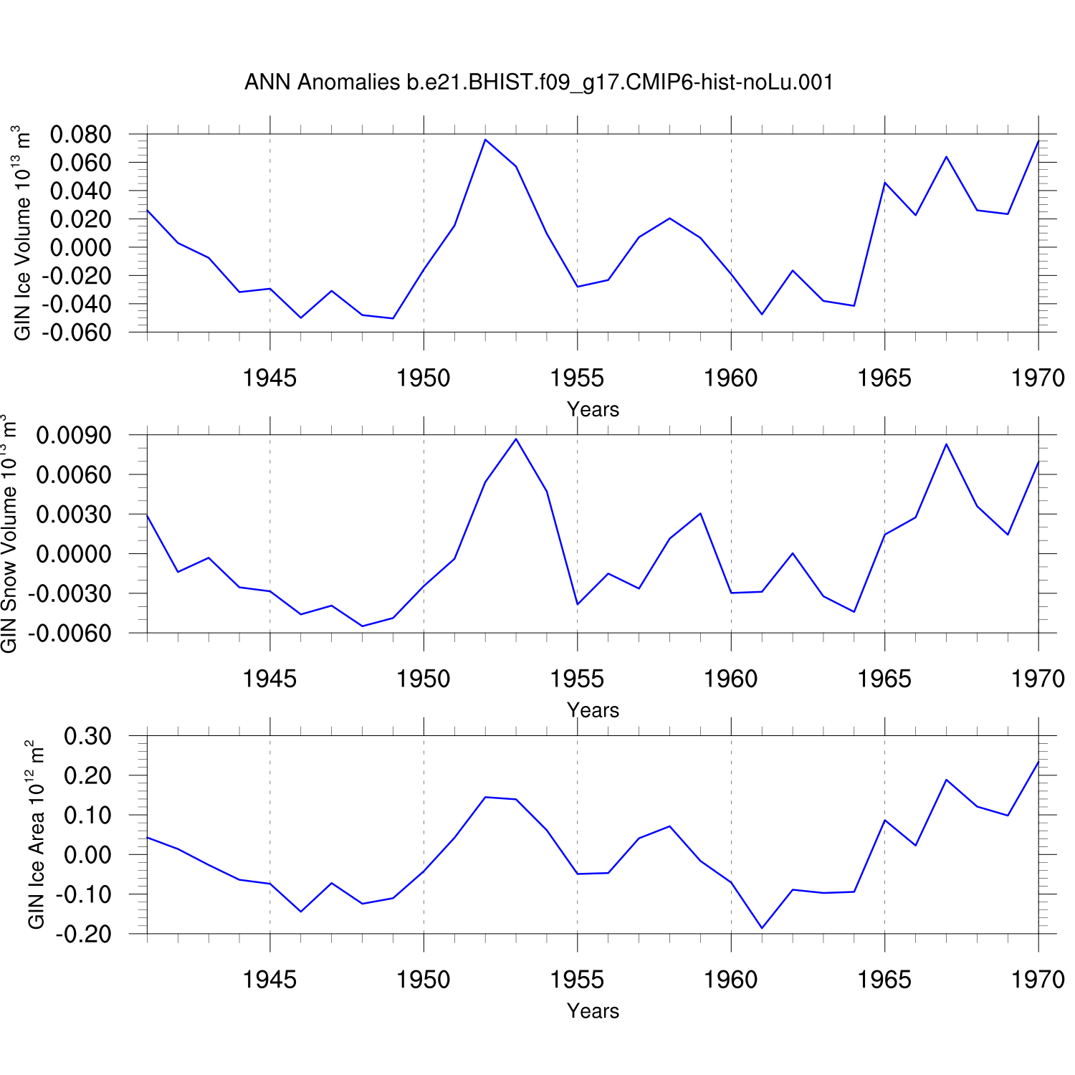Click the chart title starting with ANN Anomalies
(539, 82)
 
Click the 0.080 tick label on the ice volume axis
(80, 134)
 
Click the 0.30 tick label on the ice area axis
(87, 736)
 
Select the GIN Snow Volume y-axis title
(9, 534)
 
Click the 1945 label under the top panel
(269, 378)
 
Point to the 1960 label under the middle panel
(730, 679)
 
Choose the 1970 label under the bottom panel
(1038, 980)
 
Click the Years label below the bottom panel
(593, 1010)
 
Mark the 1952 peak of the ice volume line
(485, 140)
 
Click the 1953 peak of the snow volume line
(516, 439)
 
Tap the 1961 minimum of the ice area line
(762, 928)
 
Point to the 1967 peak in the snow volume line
(946, 444)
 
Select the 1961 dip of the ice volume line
(762, 314)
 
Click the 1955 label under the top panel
(577, 378)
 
